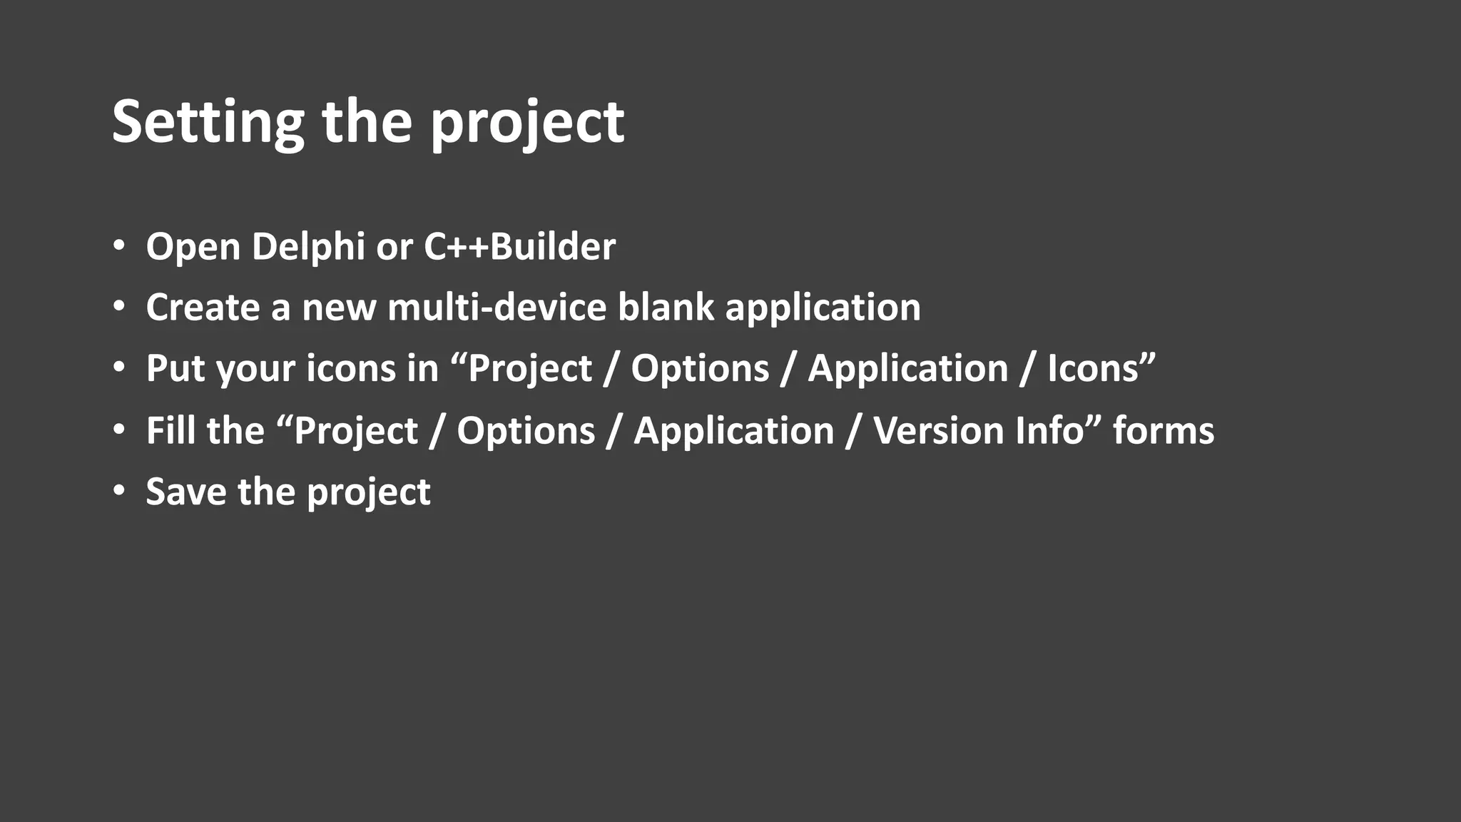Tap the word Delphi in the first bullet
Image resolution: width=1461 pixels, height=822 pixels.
[x=308, y=247]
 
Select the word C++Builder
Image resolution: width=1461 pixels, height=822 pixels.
[x=519, y=247]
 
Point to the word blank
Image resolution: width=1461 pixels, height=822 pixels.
[x=666, y=308]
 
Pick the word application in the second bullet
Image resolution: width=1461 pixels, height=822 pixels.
[x=823, y=309]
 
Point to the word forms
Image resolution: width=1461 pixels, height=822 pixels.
[x=1164, y=431]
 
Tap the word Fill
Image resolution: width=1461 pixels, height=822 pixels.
[x=169, y=431]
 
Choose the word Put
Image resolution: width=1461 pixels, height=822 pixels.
[x=175, y=369]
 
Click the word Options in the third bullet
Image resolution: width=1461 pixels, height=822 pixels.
[x=700, y=369]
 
